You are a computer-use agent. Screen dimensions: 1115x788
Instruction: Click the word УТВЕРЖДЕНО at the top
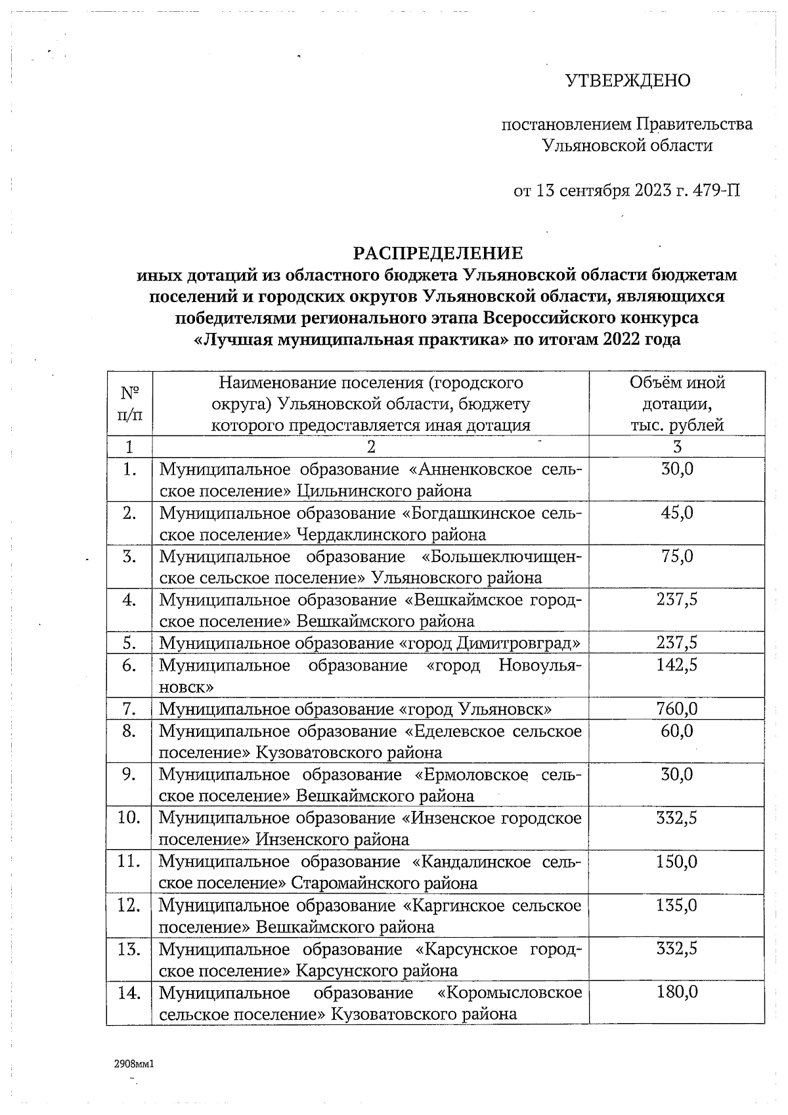pyautogui.click(x=628, y=81)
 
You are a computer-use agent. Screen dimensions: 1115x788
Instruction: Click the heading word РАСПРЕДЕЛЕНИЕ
pyautogui.click(x=439, y=253)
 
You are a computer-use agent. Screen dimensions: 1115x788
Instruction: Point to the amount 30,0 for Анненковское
pyautogui.click(x=677, y=470)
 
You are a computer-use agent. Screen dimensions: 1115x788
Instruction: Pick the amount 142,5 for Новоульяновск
pyautogui.click(x=677, y=665)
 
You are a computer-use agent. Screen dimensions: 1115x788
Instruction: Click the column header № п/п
pyautogui.click(x=129, y=404)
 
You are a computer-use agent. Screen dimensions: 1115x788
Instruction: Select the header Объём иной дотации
pyautogui.click(x=677, y=393)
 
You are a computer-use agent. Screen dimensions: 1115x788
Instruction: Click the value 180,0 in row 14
pyautogui.click(x=677, y=992)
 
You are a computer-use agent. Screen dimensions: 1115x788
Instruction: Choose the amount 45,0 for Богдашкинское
pyautogui.click(x=677, y=513)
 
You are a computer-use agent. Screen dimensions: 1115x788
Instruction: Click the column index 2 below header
pyautogui.click(x=371, y=447)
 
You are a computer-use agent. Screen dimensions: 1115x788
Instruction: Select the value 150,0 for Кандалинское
pyautogui.click(x=677, y=862)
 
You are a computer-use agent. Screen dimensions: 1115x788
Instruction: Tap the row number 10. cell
pyautogui.click(x=129, y=818)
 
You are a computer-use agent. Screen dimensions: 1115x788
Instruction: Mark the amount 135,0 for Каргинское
pyautogui.click(x=677, y=906)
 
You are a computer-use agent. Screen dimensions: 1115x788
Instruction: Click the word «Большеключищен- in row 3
pyautogui.click(x=501, y=557)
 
